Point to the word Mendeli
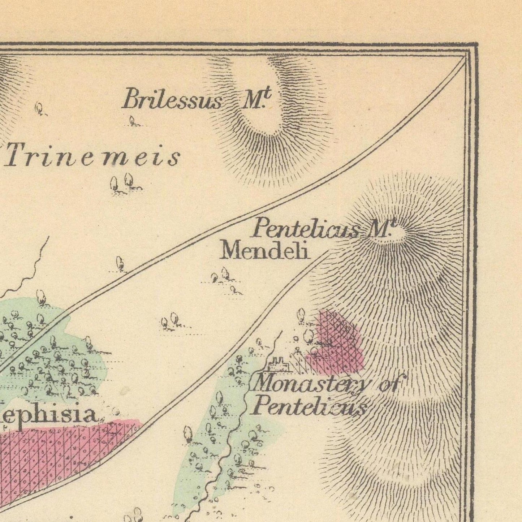pos(265,250)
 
